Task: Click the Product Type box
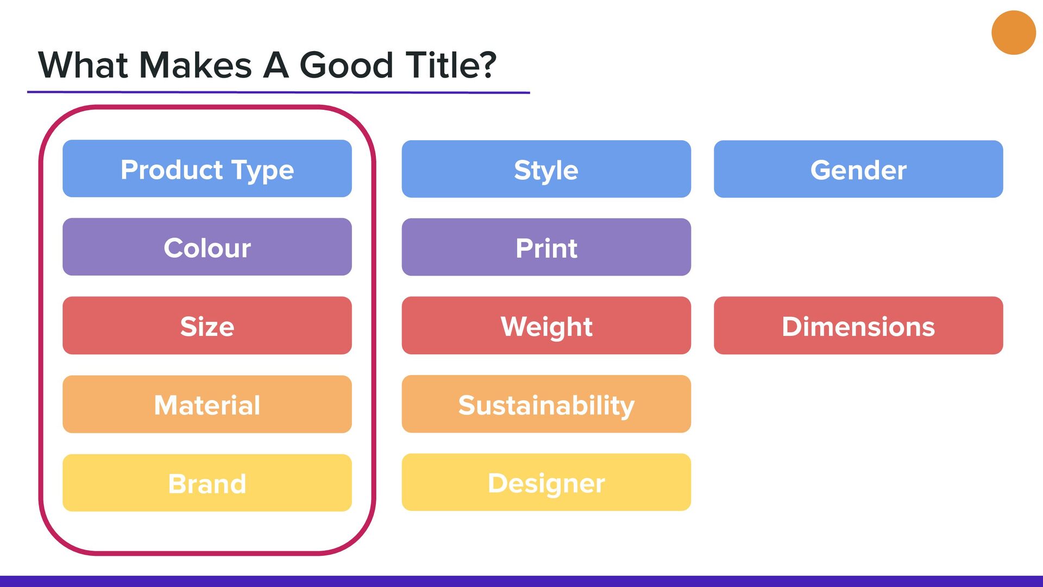pyautogui.click(x=207, y=168)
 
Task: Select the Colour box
pyautogui.click(x=207, y=247)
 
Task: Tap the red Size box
pyautogui.click(x=207, y=326)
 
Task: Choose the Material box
pyautogui.click(x=207, y=404)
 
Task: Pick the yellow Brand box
pyautogui.click(x=207, y=483)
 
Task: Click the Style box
pyautogui.click(x=546, y=169)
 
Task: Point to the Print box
pyautogui.click(x=546, y=247)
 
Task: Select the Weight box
pyautogui.click(x=546, y=326)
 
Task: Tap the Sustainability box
pyautogui.click(x=546, y=404)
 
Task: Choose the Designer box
pyautogui.click(x=546, y=482)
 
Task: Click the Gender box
pyautogui.click(x=858, y=169)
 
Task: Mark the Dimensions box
pyautogui.click(x=858, y=326)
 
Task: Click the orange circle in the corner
pyautogui.click(x=1014, y=33)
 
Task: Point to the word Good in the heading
pyautogui.click(x=346, y=65)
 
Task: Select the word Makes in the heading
pyautogui.click(x=196, y=65)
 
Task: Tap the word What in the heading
pyautogui.click(x=83, y=65)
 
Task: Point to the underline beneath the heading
pyautogui.click(x=279, y=92)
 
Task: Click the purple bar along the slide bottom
pyautogui.click(x=521, y=581)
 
